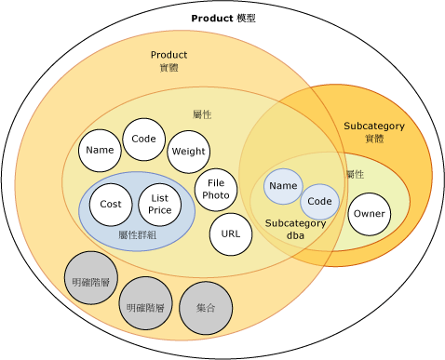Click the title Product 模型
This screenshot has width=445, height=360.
point(222,18)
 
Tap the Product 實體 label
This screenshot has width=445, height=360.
point(169,60)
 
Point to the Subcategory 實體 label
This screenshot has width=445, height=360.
point(368,131)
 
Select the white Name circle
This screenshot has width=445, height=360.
point(98,150)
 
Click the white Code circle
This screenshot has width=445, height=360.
point(143,140)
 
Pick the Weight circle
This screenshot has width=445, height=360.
point(188,152)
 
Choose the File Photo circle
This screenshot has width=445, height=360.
point(216,189)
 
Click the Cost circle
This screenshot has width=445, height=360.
point(111,204)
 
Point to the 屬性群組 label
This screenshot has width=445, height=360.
point(137,234)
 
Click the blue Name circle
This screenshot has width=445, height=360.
point(283,186)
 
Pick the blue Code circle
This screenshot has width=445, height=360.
point(319,202)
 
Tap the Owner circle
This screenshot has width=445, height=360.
point(368,215)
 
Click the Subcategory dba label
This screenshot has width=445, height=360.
point(295,230)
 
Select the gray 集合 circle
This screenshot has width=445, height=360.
point(206,306)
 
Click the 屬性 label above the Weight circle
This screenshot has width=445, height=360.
point(202,113)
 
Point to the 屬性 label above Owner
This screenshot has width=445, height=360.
point(355,174)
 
